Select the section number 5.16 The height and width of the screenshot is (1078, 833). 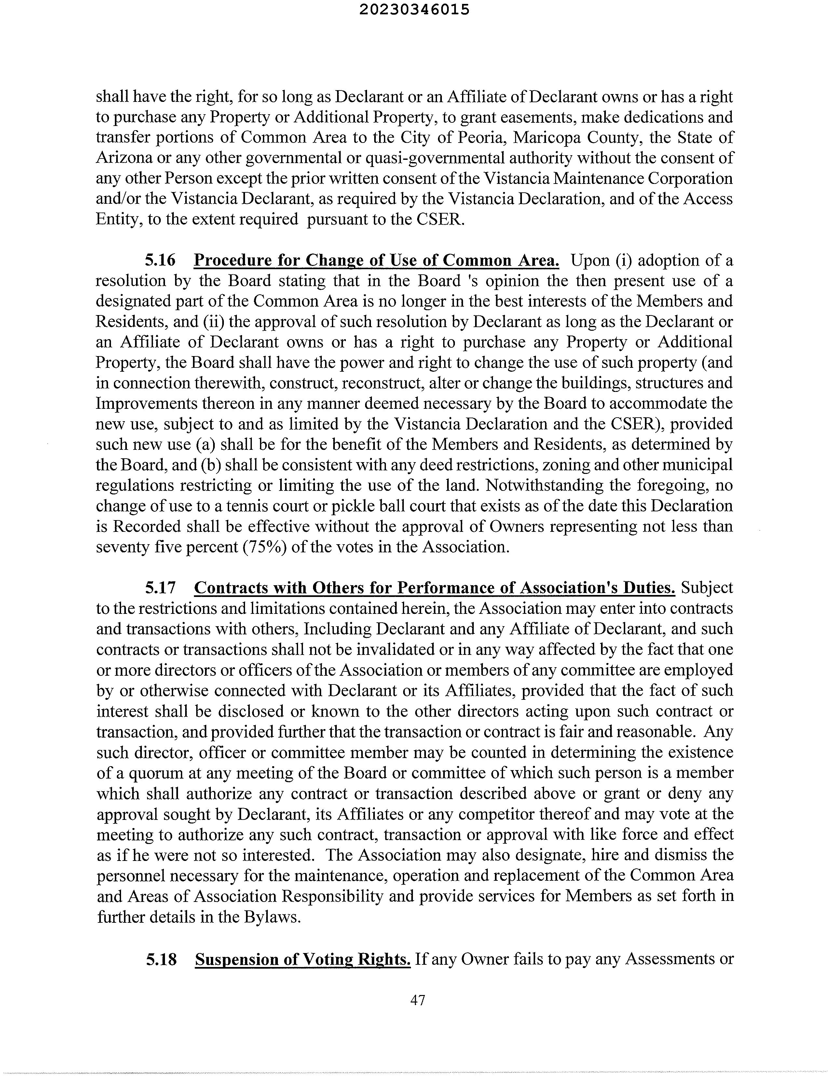pos(160,260)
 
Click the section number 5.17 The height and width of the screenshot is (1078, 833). pos(160,588)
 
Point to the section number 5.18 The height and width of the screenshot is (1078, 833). pos(161,959)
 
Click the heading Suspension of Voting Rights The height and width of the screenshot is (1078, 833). pos(303,959)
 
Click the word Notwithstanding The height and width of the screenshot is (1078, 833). pos(544,485)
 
